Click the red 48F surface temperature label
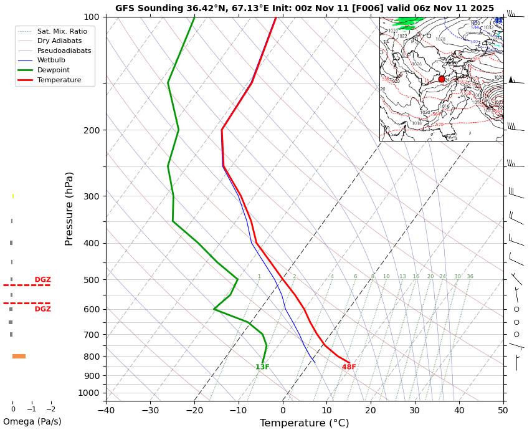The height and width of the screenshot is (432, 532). (x=349, y=367)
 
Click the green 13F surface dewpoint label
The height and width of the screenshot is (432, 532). (x=262, y=367)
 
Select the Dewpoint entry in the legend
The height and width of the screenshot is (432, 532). (x=54, y=70)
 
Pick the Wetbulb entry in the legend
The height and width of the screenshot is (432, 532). (x=51, y=60)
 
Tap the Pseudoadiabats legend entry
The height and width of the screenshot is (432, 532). (x=64, y=50)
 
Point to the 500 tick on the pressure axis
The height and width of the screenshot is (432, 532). (x=92, y=280)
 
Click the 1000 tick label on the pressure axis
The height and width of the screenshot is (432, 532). (x=89, y=393)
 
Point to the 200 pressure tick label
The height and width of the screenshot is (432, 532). (x=92, y=130)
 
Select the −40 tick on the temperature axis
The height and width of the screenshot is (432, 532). (x=106, y=410)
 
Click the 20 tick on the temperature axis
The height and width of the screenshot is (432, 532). (x=371, y=410)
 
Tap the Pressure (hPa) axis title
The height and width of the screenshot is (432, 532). (x=70, y=208)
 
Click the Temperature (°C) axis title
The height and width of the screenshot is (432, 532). (x=305, y=423)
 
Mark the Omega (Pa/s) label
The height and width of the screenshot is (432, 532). (x=32, y=421)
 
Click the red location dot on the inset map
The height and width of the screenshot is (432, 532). (x=442, y=79)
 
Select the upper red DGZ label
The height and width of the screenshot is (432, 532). (x=43, y=280)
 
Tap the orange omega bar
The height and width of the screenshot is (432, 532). (x=19, y=357)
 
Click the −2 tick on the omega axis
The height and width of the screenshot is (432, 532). (x=51, y=410)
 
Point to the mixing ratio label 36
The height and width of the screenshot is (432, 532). (x=470, y=277)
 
